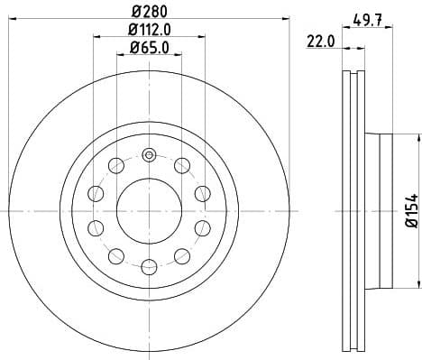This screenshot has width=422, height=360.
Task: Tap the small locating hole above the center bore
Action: coord(148,154)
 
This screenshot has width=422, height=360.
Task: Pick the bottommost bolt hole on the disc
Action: coord(148,265)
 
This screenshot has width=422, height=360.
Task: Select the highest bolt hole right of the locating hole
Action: coord(181,165)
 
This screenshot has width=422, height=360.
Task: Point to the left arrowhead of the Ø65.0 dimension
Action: coord(119,58)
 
